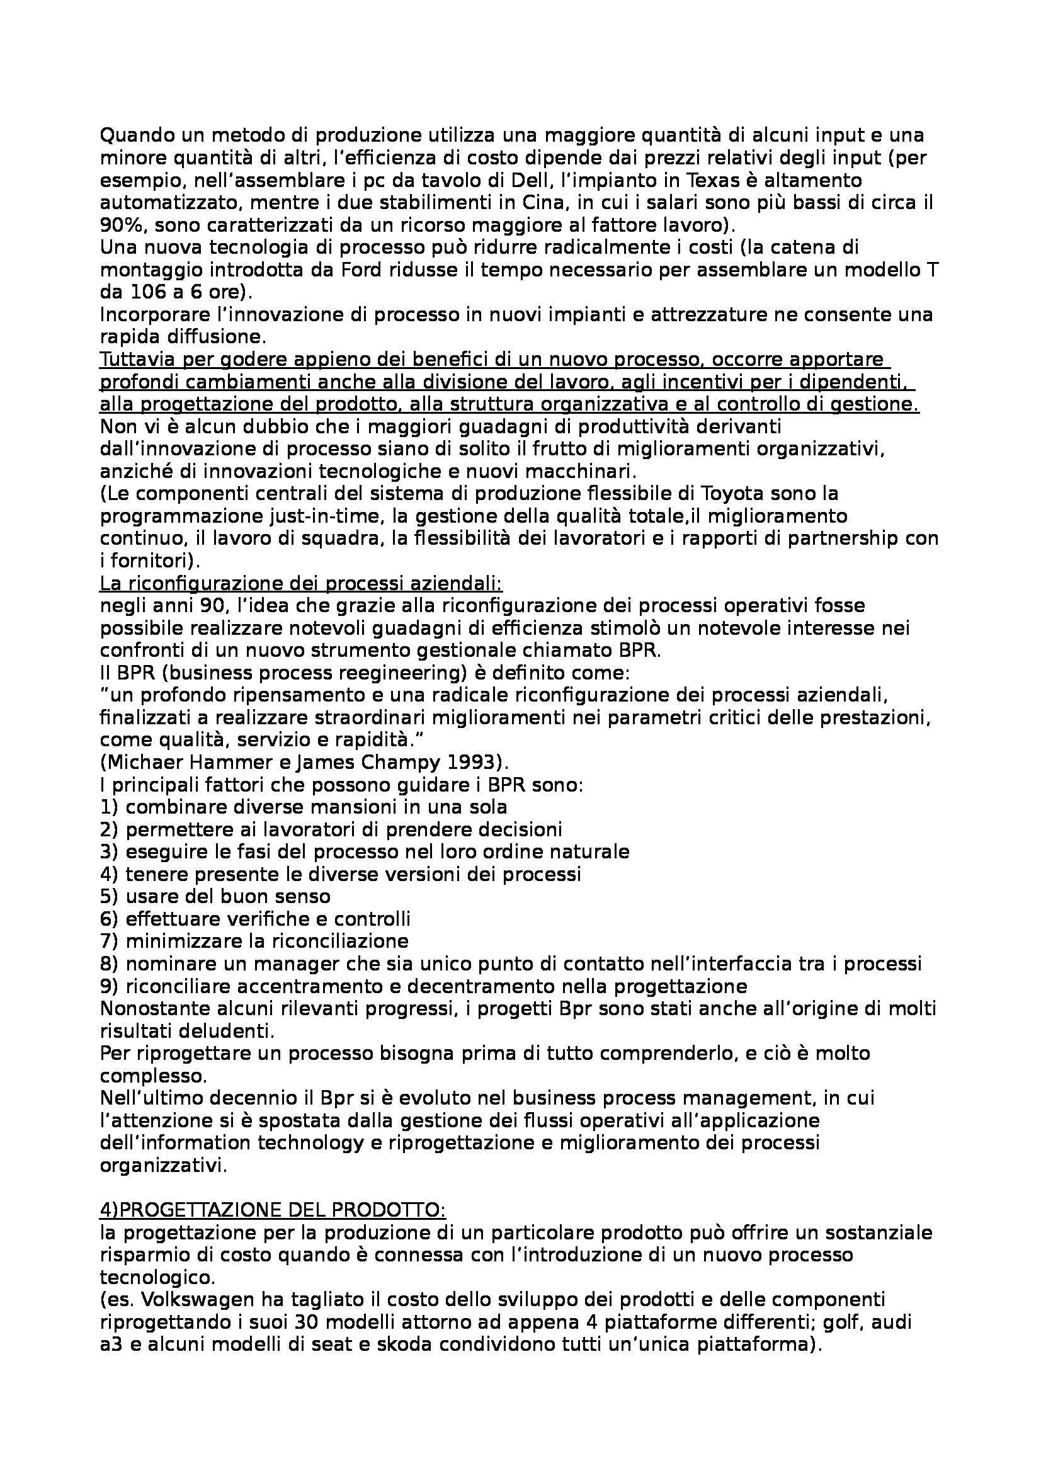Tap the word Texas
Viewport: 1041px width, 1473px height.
point(724,180)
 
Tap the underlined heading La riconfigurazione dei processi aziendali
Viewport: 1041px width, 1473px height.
point(301,584)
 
